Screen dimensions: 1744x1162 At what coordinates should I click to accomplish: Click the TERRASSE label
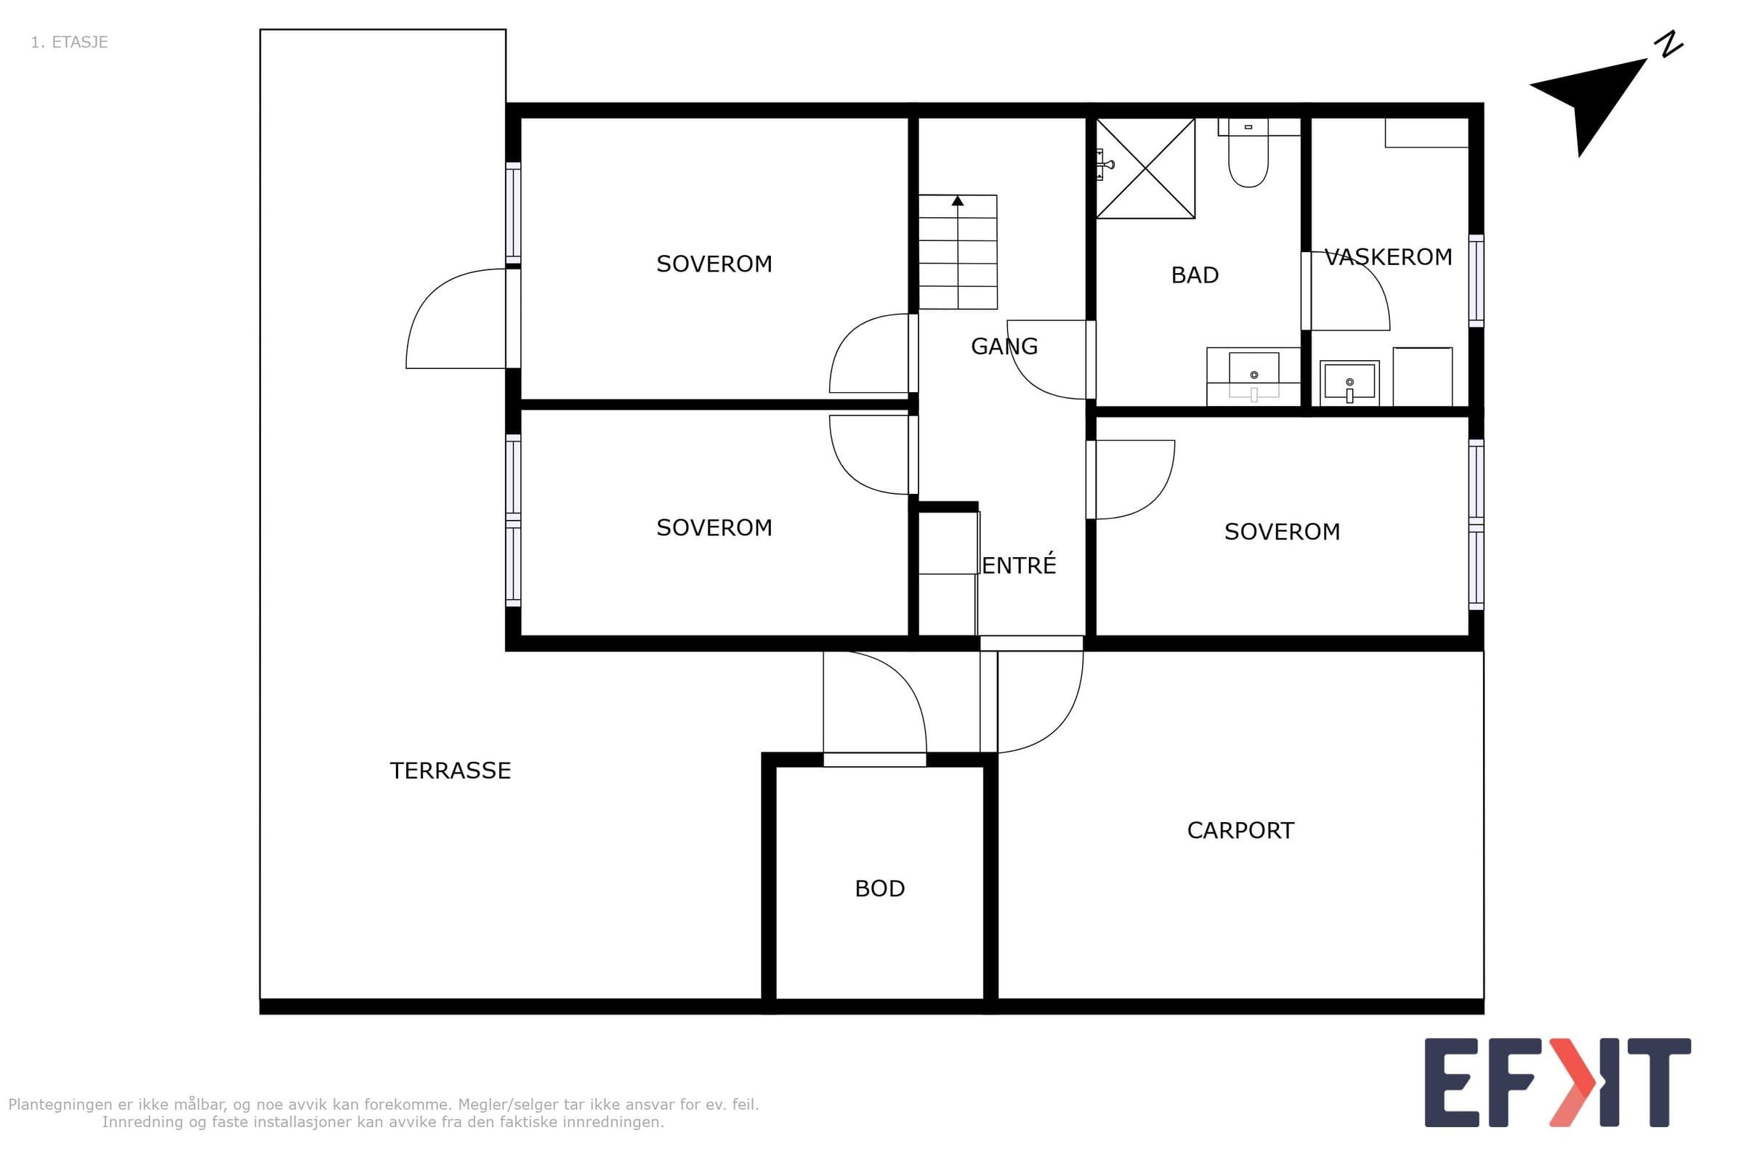point(450,771)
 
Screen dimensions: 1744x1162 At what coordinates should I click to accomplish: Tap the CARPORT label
point(1240,830)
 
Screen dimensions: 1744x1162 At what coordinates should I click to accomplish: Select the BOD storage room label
point(879,888)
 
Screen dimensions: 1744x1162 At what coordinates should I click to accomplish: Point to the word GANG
point(1004,346)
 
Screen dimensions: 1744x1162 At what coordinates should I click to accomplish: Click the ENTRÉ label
point(1019,565)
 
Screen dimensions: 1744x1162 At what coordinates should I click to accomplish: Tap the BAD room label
point(1195,275)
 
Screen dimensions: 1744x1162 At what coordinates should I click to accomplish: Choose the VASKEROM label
point(1388,257)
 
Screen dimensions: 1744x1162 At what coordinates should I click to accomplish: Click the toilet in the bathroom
point(1248,153)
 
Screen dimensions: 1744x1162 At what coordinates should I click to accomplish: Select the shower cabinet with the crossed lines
point(1146,168)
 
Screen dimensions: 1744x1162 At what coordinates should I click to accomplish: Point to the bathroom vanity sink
point(1254,375)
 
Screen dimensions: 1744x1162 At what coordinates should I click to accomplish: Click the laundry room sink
point(1349,383)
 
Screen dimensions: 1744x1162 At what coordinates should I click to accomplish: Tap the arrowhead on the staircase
point(958,201)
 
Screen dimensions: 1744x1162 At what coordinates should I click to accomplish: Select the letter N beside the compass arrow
point(1671,44)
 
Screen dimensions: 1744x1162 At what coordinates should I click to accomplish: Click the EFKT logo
point(1557,1084)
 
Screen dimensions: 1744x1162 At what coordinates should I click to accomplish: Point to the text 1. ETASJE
point(70,42)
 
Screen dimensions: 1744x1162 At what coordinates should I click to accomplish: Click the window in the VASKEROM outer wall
point(1477,281)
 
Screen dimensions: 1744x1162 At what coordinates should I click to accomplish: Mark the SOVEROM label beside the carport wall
point(1282,532)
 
